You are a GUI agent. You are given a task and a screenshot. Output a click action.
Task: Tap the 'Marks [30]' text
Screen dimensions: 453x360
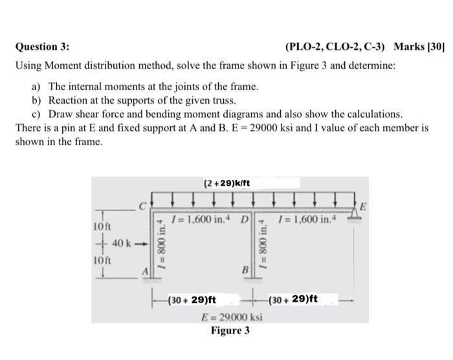coord(417,47)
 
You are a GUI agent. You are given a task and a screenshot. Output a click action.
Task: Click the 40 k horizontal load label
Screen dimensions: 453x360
coord(124,243)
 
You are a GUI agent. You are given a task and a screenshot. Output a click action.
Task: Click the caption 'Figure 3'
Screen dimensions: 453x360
coord(230,331)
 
